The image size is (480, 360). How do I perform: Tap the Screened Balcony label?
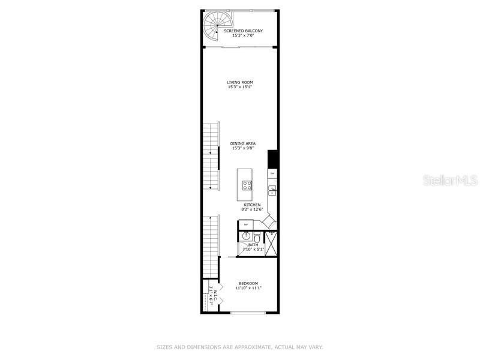[x=243, y=31]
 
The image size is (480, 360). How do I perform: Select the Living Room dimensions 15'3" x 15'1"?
[x=240, y=88]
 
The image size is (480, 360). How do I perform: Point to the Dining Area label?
[x=243, y=143]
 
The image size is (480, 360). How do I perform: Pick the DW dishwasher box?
[x=272, y=173]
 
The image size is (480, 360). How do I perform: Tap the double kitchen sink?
[x=272, y=191]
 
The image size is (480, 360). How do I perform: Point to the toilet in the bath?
[x=257, y=239]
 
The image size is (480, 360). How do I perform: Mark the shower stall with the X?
[x=271, y=243]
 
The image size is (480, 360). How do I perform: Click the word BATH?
[x=253, y=245]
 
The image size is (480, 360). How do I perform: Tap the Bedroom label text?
[x=248, y=283]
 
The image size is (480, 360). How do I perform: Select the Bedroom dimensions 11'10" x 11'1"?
[x=248, y=289]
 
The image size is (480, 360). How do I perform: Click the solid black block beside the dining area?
[x=272, y=159]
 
